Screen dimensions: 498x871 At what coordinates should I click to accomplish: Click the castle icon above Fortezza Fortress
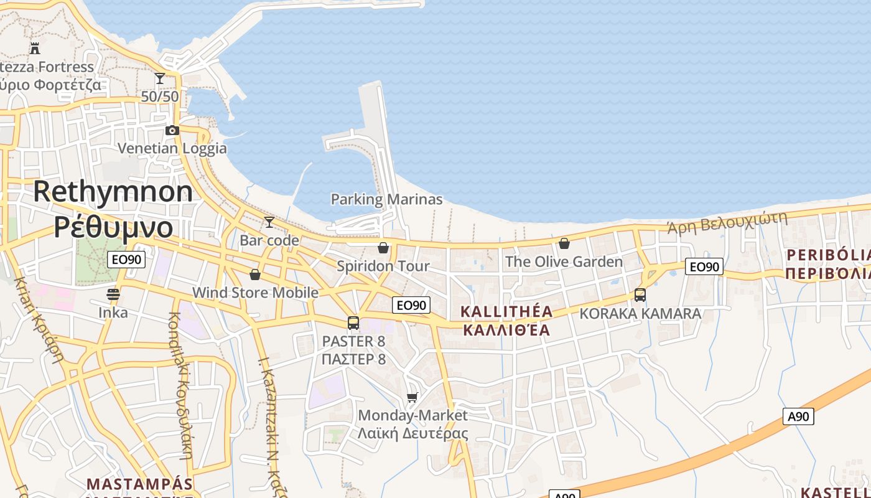click(35, 48)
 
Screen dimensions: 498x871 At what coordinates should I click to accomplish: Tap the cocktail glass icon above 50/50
click(160, 78)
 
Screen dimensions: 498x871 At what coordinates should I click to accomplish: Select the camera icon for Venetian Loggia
click(172, 130)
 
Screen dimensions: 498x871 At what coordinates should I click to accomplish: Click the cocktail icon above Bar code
click(269, 222)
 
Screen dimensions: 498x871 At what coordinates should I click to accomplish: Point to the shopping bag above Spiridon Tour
click(383, 248)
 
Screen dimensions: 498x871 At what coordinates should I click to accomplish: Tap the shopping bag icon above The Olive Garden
click(564, 243)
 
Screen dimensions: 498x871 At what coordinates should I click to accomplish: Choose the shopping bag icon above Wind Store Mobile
click(255, 275)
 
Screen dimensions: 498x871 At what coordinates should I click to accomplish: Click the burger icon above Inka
click(113, 294)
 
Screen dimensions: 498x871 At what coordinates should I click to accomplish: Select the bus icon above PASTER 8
click(353, 323)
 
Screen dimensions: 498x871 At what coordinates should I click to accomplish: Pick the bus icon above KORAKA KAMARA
click(640, 295)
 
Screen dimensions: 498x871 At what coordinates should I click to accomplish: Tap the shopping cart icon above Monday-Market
click(412, 397)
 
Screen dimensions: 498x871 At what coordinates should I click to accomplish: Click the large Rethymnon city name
click(113, 191)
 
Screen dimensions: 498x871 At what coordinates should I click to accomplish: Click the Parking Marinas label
click(386, 199)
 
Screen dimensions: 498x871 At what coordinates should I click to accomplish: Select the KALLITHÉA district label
click(506, 311)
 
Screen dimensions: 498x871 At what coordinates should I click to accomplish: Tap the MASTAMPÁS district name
click(139, 484)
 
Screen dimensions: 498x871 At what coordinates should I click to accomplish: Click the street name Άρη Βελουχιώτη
click(727, 222)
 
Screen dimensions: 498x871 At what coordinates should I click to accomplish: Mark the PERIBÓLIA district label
click(828, 255)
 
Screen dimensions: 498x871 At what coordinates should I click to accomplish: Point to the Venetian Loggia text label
click(172, 149)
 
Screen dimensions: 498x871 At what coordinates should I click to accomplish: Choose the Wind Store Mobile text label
click(255, 293)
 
